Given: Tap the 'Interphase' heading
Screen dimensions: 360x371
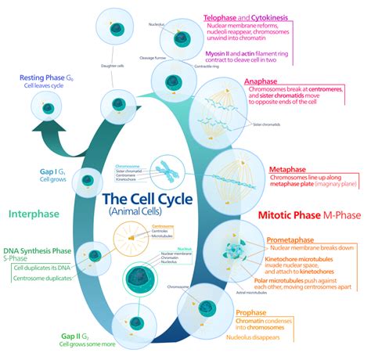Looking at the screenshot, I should [x=35, y=212].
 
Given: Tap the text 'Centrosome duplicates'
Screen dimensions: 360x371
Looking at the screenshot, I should [x=44, y=278].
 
